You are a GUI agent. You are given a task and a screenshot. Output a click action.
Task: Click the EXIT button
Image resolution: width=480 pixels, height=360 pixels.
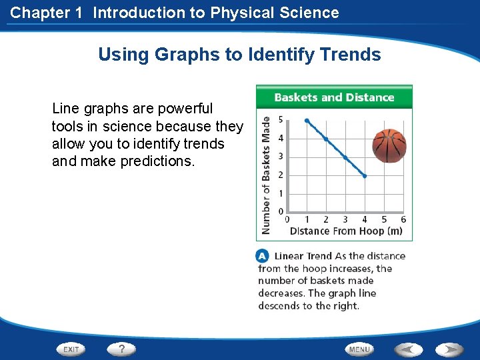pyautogui.click(x=71, y=349)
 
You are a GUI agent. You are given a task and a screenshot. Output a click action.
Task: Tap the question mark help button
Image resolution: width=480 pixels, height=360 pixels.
pyautogui.click(x=121, y=349)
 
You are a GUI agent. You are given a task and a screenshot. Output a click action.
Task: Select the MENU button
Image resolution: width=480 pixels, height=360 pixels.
pyautogui.click(x=359, y=349)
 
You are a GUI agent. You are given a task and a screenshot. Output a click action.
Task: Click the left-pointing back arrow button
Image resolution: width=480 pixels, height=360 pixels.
pyautogui.click(x=409, y=349)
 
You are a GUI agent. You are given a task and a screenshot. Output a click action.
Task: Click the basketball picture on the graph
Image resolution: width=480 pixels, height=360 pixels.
pyautogui.click(x=389, y=145)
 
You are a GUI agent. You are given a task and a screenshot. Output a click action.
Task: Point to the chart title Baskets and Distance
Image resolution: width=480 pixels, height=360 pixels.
pyautogui.click(x=334, y=97)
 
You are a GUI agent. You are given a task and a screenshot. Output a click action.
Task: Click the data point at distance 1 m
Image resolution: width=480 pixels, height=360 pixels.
pyautogui.click(x=307, y=121)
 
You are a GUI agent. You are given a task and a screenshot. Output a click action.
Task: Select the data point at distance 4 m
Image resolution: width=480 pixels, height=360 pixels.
pyautogui.click(x=365, y=176)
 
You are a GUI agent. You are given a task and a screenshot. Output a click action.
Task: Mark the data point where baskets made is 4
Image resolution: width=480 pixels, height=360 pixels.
pyautogui.click(x=326, y=139)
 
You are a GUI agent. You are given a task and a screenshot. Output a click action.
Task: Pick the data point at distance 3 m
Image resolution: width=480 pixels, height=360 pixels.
pyautogui.click(x=345, y=157)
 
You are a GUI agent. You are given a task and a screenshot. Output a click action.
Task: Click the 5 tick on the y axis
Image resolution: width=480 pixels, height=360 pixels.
pyautogui.click(x=281, y=120)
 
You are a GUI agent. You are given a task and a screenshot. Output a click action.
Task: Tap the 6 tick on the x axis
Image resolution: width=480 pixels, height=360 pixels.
pyautogui.click(x=403, y=219)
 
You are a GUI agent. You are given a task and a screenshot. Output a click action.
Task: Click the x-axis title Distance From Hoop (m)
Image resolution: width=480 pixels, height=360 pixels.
pyautogui.click(x=346, y=231)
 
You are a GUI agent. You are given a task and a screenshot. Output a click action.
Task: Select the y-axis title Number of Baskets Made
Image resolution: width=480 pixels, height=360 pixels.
pyautogui.click(x=266, y=175)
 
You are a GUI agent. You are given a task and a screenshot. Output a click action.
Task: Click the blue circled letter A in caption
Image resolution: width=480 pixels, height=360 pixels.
pyautogui.click(x=263, y=256)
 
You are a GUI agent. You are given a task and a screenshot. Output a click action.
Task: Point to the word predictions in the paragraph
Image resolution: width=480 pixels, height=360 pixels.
pyautogui.click(x=158, y=161)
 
